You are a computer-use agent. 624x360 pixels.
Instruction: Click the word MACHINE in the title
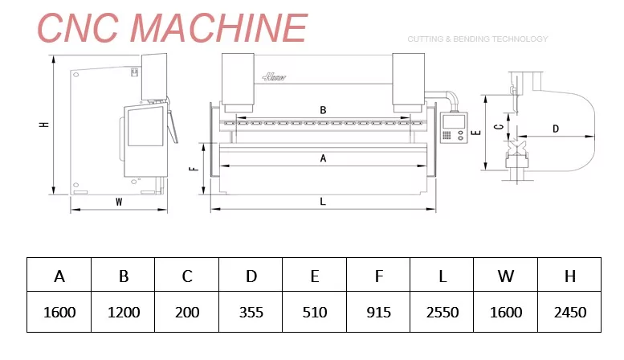pos(218,27)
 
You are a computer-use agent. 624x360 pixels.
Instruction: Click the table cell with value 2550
pos(442,312)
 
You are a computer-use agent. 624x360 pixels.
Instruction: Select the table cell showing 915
pos(378,312)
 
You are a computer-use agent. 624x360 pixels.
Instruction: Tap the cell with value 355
pos(251,312)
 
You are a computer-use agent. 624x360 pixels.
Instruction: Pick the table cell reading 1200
pos(123,312)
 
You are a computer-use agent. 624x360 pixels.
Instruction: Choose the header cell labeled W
pos(505,275)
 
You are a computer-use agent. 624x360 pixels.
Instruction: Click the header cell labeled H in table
pos(569,275)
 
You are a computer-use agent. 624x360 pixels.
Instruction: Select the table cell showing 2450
pos(569,312)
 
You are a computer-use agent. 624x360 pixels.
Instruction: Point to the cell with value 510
pos(314,312)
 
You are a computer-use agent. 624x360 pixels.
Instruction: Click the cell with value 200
pos(186,312)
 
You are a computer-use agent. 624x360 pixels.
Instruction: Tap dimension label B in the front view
pos(323,110)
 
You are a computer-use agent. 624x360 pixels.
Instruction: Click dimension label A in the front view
pos(323,158)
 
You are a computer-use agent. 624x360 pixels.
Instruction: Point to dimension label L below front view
pos(323,202)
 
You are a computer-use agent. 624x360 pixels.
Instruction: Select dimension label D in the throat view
pos(556,129)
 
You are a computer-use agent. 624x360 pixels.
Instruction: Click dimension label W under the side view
pos(119,202)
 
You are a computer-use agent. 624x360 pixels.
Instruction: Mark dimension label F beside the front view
pos(194,169)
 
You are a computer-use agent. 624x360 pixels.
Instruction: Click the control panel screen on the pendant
pos(454,121)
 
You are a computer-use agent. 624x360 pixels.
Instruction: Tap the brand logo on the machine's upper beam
pos(274,76)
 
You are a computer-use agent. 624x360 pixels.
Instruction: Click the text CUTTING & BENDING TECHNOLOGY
pos(478,39)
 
